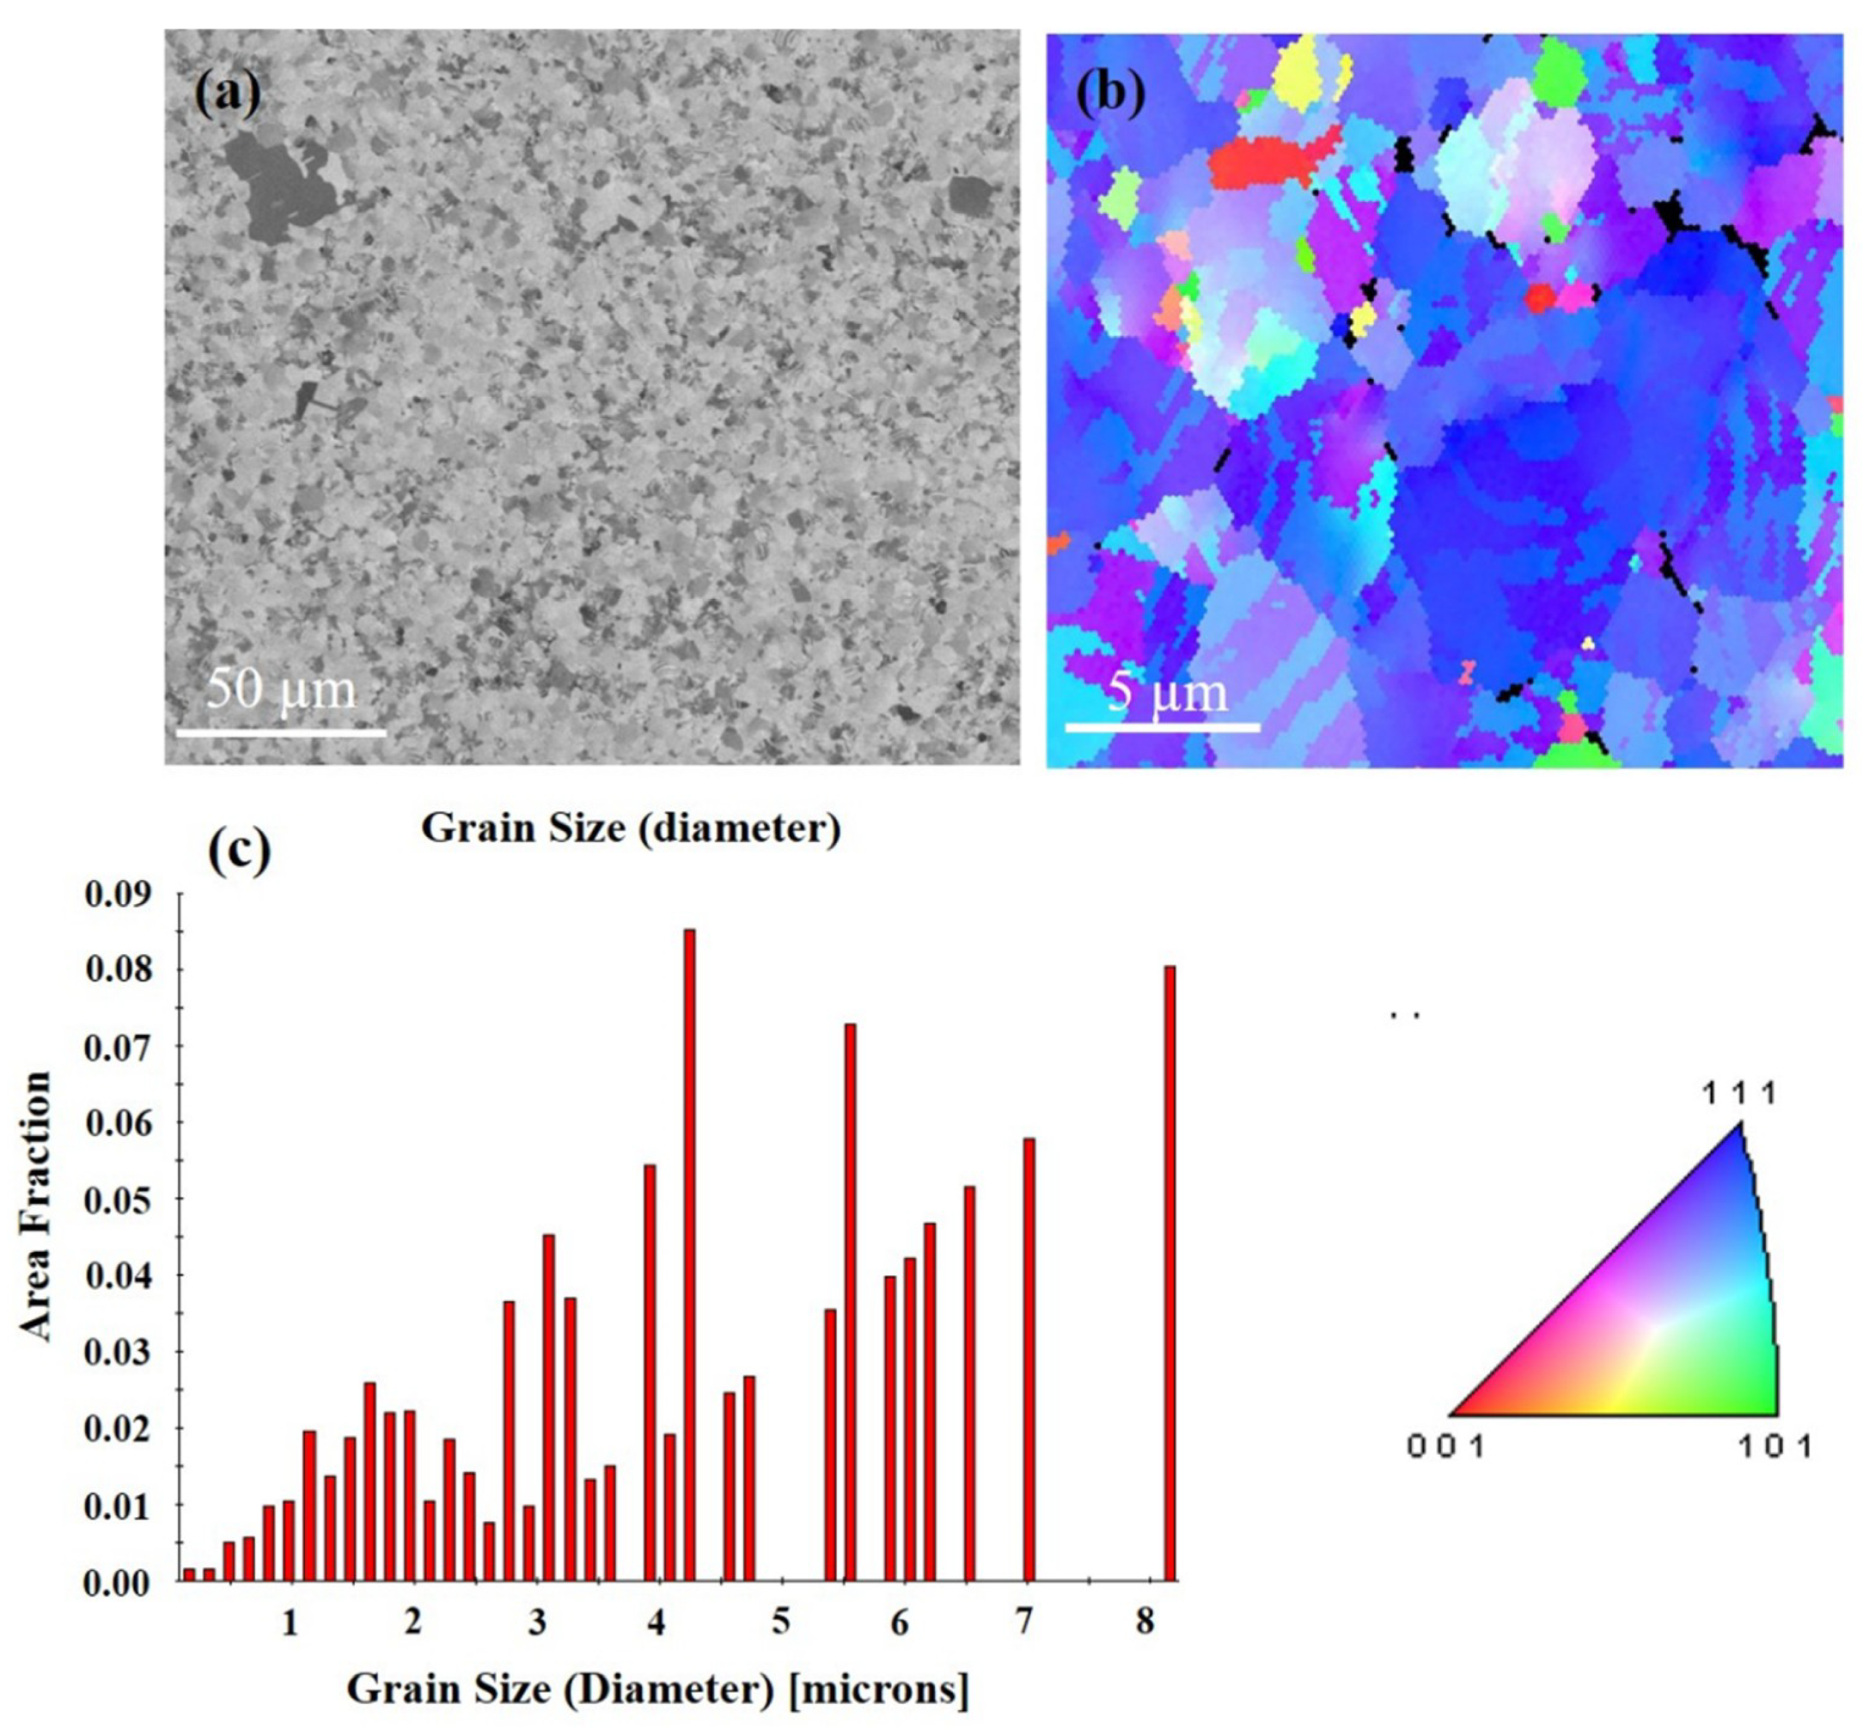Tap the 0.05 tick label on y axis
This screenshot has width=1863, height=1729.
(x=116, y=1200)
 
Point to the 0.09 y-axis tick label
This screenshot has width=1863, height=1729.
(x=116, y=895)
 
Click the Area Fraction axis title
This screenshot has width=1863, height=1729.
(x=35, y=1207)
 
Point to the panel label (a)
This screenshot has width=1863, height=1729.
(x=227, y=94)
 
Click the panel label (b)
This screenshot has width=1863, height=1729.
(x=1110, y=94)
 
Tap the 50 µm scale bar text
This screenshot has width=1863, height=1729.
(x=281, y=689)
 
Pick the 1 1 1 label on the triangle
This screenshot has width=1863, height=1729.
(x=1738, y=1093)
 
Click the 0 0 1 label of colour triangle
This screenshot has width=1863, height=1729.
(x=1445, y=1446)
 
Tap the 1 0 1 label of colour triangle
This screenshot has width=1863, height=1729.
(x=1775, y=1446)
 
